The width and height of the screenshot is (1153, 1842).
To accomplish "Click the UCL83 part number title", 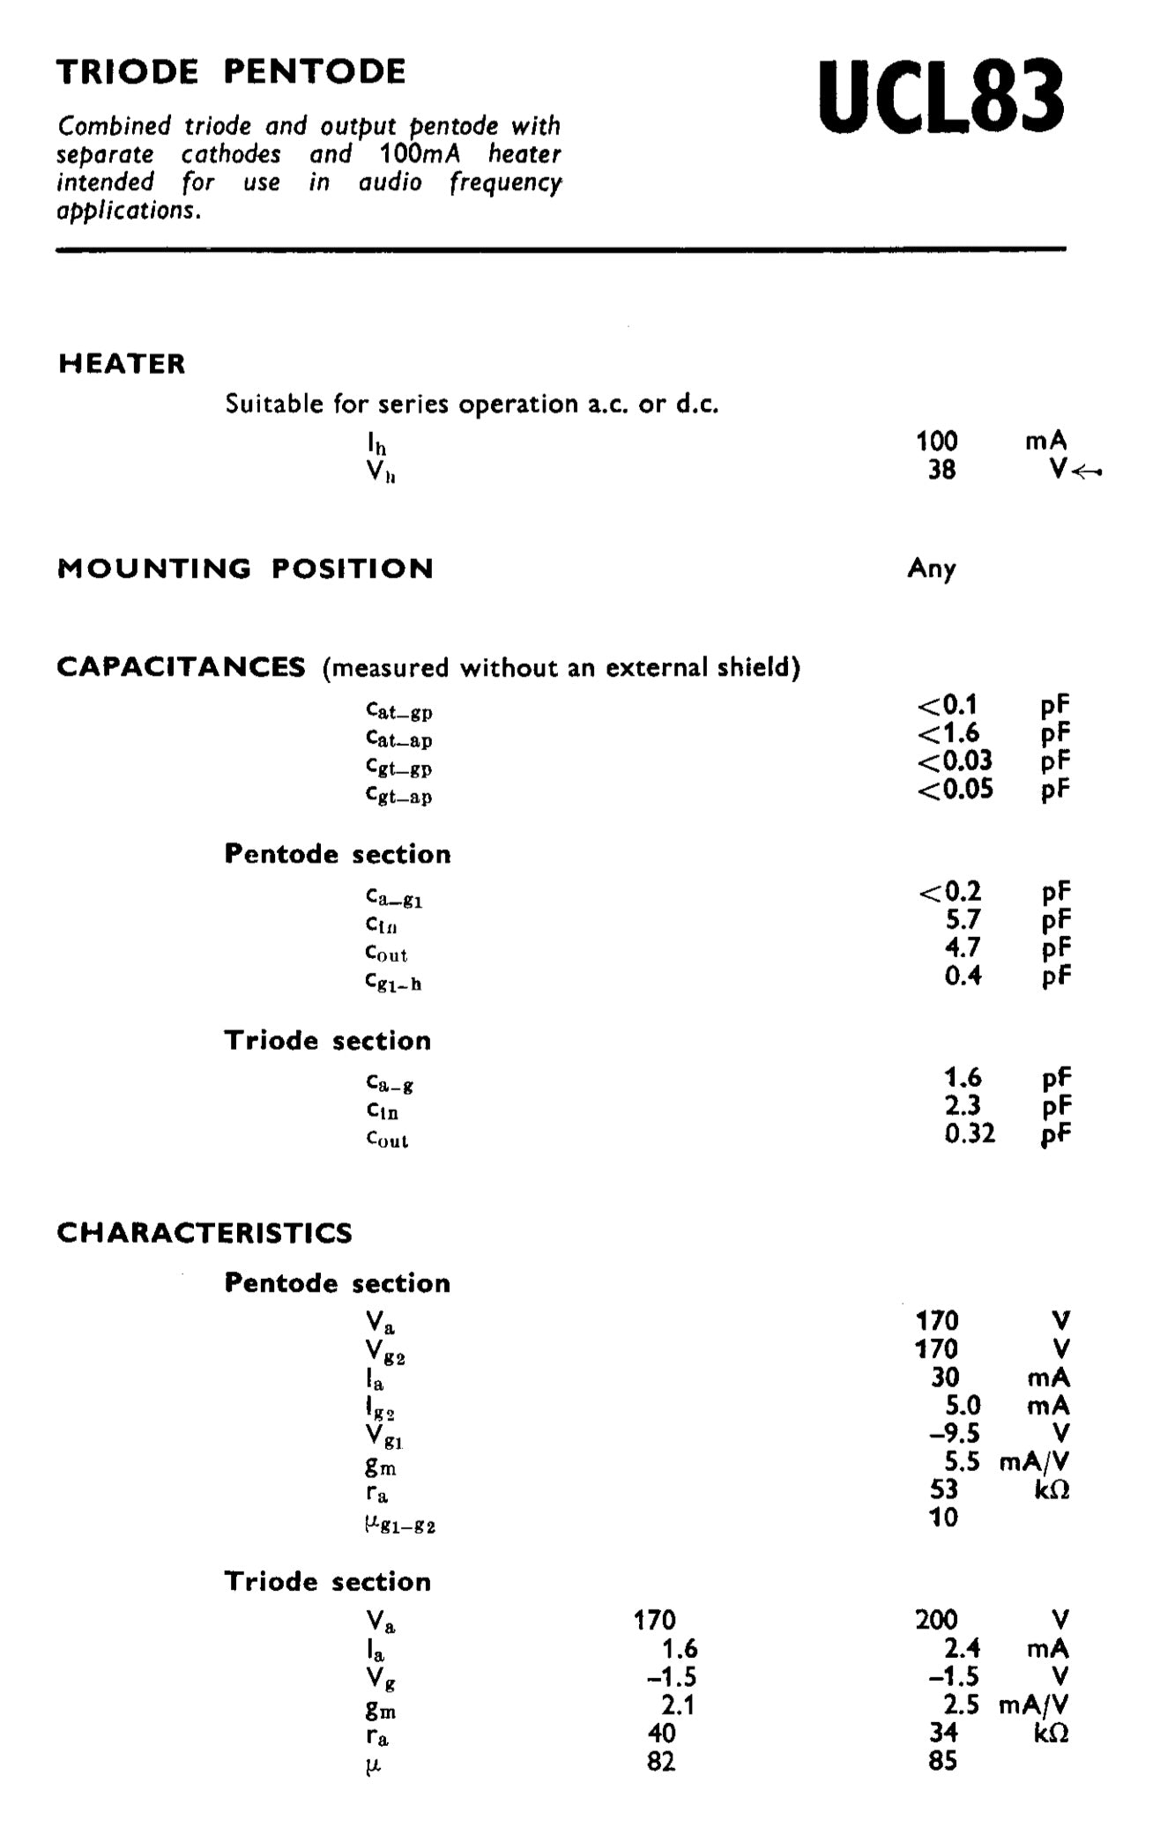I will (941, 96).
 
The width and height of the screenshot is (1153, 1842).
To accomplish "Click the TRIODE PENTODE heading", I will (231, 71).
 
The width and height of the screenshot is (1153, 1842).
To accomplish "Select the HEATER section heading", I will (122, 364).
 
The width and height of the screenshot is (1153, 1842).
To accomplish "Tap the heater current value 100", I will (936, 442).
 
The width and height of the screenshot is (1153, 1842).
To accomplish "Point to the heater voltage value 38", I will (941, 470).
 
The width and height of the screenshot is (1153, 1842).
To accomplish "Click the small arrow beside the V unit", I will (1088, 472).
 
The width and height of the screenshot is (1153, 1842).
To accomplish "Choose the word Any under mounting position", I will (932, 568).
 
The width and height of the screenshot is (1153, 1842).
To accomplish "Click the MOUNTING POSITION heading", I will (245, 568).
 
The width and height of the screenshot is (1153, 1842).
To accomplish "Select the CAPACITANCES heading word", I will (181, 667).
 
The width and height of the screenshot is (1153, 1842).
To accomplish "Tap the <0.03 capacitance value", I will (955, 761).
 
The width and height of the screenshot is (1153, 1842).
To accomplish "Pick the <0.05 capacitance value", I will (955, 789).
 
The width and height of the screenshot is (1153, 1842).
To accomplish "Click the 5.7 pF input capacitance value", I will (963, 920).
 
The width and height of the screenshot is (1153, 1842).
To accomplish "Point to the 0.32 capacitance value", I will (970, 1133).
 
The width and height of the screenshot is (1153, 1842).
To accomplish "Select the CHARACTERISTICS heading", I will (205, 1232).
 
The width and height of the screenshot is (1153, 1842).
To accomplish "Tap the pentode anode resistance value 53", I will (943, 1489).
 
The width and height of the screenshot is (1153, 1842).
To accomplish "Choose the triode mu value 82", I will (660, 1761).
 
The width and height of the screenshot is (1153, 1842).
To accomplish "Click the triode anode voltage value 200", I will (936, 1620).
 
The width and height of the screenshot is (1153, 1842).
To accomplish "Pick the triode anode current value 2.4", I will (962, 1648).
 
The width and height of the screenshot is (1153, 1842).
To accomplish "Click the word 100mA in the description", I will (420, 154).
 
